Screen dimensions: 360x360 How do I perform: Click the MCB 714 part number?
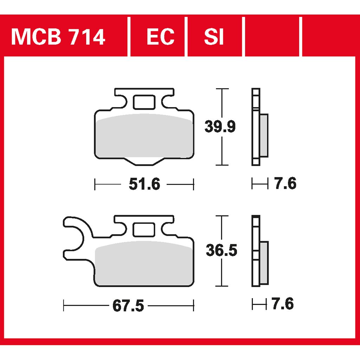pos(58,37)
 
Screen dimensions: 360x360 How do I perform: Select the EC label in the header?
pos(160,37)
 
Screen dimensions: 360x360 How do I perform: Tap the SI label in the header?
pos(214,37)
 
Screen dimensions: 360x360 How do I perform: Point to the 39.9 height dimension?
pos(220,127)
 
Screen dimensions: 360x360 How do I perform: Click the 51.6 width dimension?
pos(144,184)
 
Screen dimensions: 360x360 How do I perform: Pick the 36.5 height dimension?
pos(221,250)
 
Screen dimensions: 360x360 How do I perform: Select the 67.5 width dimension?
pos(128,306)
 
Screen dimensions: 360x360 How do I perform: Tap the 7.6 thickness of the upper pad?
pos(285,183)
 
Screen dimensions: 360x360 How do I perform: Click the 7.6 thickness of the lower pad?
pos(282,304)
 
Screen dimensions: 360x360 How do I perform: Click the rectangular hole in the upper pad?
pos(144,102)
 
